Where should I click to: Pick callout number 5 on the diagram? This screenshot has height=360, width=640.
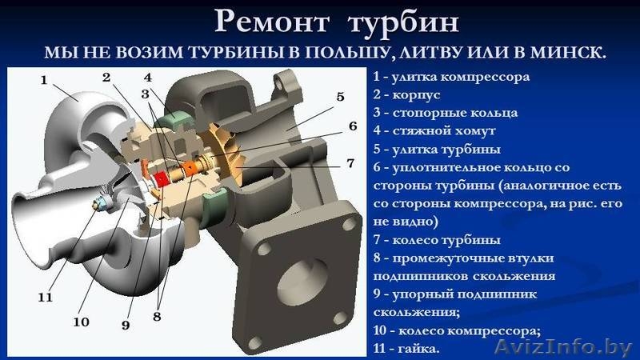pyautogui.click(x=340, y=97)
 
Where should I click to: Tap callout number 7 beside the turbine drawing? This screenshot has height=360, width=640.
pyautogui.click(x=350, y=163)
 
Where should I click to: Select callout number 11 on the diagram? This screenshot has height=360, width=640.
pyautogui.click(x=45, y=297)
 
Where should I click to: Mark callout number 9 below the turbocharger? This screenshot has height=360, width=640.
pyautogui.click(x=126, y=325)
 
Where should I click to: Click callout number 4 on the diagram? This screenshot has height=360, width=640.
pyautogui.click(x=148, y=78)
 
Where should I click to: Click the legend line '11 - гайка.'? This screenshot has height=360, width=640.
pyautogui.click(x=406, y=350)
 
